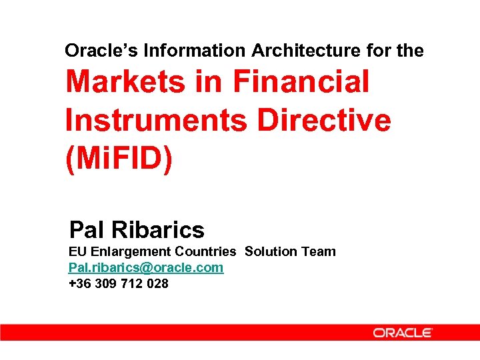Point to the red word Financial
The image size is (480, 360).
tap(301, 82)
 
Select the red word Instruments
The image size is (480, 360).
tap(157, 121)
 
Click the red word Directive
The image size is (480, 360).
tap(324, 121)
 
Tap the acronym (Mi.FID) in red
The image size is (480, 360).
tap(119, 160)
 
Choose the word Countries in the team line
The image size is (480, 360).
tap(205, 251)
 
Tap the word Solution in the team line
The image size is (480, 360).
tap(272, 251)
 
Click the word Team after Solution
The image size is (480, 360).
tap(319, 251)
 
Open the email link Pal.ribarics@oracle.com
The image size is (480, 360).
tap(146, 267)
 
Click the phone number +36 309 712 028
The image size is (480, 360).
tap(119, 283)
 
